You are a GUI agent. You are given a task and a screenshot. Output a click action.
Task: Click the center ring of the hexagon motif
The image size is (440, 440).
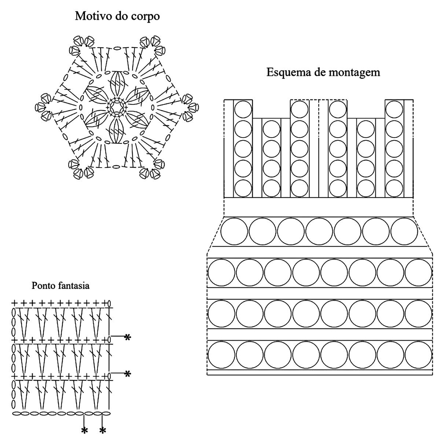pyautogui.click(x=117, y=107)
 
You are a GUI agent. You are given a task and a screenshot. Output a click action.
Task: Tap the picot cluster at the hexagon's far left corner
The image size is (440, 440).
pyautogui.click(x=44, y=107)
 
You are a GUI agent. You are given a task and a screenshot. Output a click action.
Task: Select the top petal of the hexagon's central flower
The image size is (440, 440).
pyautogui.click(x=117, y=83)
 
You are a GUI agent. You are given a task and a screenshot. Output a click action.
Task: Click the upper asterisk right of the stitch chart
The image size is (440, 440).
pyautogui.click(x=127, y=337)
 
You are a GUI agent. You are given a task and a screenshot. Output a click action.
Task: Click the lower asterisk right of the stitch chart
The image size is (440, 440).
pyautogui.click(x=127, y=374)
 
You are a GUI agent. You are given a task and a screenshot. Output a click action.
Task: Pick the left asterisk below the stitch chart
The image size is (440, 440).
pyautogui.click(x=85, y=430)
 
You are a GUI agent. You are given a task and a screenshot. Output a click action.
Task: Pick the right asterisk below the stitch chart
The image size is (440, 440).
pyautogui.click(x=103, y=430)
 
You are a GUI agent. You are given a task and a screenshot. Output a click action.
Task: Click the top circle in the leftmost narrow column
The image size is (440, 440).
pyautogui.click(x=243, y=109)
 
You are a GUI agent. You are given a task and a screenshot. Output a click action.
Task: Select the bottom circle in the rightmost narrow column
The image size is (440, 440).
pyautogui.click(x=394, y=188)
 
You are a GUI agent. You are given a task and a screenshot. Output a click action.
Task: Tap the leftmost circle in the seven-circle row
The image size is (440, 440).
pyautogui.click(x=234, y=231)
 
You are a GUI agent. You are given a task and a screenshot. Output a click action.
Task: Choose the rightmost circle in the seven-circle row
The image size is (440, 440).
pyautogui.click(x=404, y=231)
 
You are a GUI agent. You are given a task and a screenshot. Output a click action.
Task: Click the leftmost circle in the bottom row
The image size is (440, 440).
pyautogui.click(x=221, y=355)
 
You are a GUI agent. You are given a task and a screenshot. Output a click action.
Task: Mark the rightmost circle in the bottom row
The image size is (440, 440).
pyautogui.click(x=418, y=355)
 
